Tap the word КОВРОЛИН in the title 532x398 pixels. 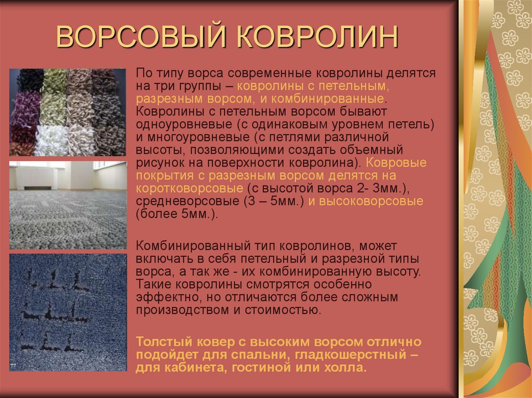(317, 36)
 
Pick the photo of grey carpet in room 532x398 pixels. (68, 205)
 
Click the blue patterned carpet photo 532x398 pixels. (68, 312)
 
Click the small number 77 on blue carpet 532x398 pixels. (13, 365)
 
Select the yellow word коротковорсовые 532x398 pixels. (189, 188)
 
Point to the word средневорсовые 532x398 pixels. (187, 201)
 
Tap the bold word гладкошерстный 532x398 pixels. (351, 354)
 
